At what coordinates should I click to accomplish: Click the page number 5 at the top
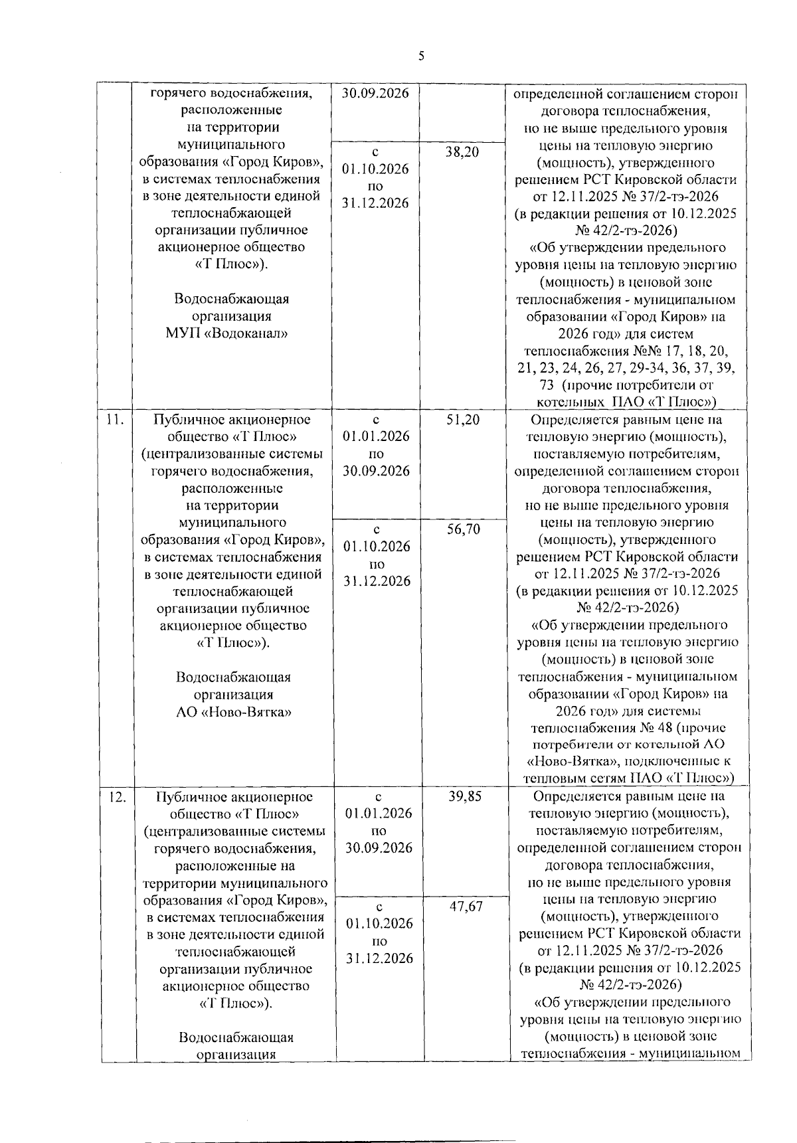tap(420, 56)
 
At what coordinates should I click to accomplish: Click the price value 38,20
tap(462, 152)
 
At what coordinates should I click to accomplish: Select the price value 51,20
tap(463, 420)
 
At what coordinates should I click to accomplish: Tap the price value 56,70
tap(464, 529)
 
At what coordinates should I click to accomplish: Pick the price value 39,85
tap(464, 796)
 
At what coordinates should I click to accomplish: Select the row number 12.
tap(117, 796)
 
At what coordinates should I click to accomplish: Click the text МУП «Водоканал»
tap(226, 333)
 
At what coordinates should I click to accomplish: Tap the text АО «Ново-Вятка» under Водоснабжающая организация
tap(233, 711)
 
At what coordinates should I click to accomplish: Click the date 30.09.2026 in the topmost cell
tap(375, 94)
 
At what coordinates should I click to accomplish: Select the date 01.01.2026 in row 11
tap(377, 437)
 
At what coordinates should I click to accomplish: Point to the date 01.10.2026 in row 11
tap(377, 547)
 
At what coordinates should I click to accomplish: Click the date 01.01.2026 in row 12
tap(379, 814)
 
